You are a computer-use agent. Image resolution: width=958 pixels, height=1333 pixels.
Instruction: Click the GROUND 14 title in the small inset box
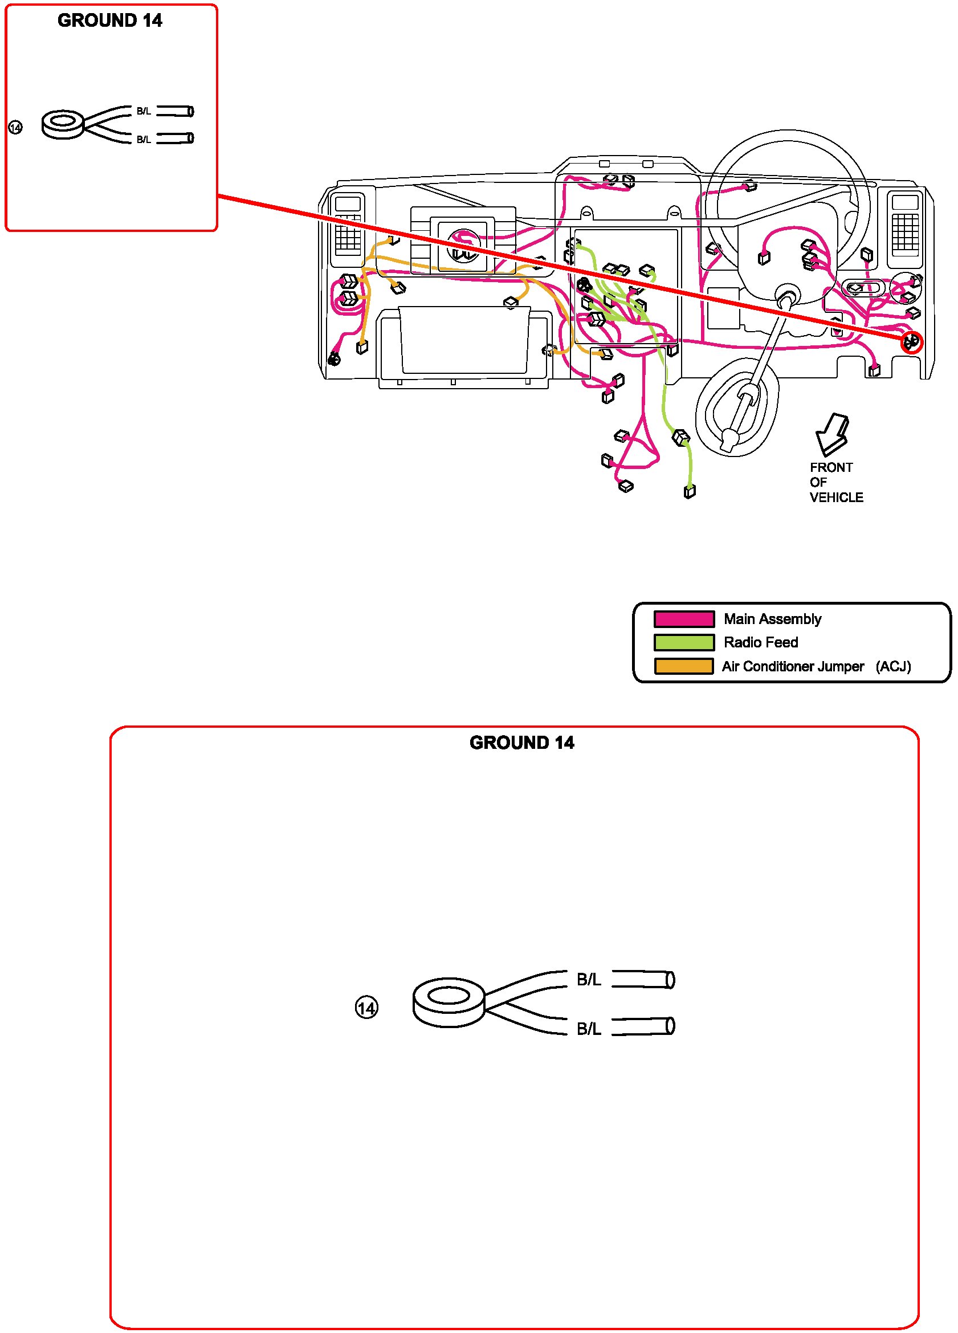tap(110, 21)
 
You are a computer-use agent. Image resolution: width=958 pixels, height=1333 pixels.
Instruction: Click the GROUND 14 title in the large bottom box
tap(521, 743)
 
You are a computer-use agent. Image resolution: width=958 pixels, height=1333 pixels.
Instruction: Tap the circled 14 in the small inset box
tap(15, 127)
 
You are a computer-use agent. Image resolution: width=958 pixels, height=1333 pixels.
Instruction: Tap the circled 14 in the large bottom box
tap(366, 1009)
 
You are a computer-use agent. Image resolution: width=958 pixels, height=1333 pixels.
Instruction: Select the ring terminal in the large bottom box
tap(449, 1002)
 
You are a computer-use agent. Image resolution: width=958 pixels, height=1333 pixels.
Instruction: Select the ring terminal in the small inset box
tap(63, 124)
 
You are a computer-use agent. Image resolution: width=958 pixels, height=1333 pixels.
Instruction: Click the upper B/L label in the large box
tap(588, 980)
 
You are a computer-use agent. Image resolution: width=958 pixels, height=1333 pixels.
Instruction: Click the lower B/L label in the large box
tap(588, 1029)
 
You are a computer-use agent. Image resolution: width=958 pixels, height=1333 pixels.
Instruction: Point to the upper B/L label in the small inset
tap(144, 111)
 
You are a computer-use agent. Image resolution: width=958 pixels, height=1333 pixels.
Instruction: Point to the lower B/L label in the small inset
tap(144, 139)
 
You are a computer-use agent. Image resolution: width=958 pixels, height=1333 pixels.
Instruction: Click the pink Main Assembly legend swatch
tap(683, 619)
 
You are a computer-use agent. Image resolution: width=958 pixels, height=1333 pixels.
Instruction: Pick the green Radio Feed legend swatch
tap(683, 642)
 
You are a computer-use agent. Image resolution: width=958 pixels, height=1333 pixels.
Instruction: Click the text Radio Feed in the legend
tap(760, 642)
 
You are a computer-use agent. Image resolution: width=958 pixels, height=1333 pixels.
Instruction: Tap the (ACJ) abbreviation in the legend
tap(893, 667)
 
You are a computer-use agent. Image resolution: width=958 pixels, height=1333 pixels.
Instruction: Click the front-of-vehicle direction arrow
tap(831, 435)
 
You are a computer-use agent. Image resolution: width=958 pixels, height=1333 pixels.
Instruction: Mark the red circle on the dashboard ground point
tap(912, 342)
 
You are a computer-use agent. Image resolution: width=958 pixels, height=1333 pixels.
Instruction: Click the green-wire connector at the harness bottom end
tap(690, 491)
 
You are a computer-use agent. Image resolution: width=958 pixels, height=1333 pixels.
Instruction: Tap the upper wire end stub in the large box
tap(643, 979)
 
